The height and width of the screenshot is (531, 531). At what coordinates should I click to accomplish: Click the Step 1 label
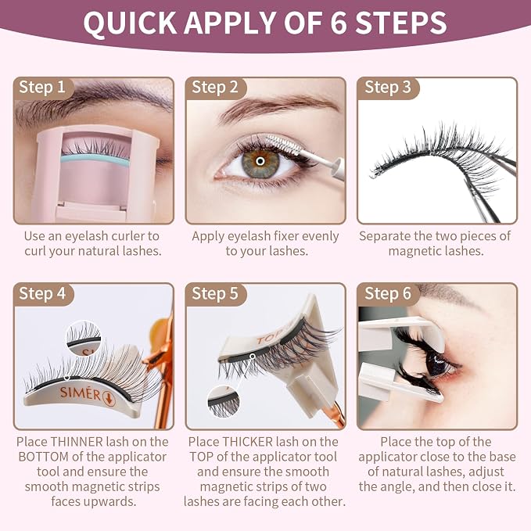click(42, 88)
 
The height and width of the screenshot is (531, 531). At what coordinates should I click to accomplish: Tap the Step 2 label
click(215, 88)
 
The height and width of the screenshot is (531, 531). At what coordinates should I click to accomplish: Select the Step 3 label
click(388, 88)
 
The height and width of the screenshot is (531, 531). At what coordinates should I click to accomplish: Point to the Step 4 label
click(42, 293)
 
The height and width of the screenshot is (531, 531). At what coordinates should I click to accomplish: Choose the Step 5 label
click(215, 293)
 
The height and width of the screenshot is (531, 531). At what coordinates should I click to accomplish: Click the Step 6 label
click(388, 293)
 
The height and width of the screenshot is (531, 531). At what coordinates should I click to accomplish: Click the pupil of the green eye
click(260, 161)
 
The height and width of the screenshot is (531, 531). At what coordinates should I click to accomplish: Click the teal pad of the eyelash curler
click(95, 160)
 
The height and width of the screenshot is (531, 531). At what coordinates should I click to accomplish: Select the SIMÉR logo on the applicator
click(80, 393)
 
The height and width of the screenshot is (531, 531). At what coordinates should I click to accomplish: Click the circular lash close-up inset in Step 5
click(224, 402)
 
